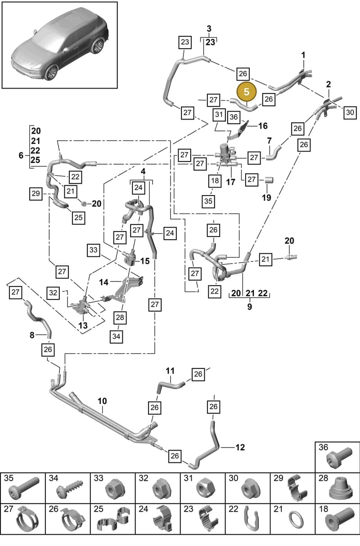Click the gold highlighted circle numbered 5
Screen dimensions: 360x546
click(x=247, y=92)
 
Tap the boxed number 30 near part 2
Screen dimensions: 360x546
click(x=350, y=112)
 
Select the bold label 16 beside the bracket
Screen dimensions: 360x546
click(x=263, y=126)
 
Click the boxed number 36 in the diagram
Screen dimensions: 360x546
click(x=234, y=117)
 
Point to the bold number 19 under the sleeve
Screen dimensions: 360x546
click(x=266, y=197)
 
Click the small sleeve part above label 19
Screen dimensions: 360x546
click(x=269, y=180)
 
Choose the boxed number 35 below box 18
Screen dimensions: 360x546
click(x=208, y=201)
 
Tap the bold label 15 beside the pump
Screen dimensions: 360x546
click(x=145, y=261)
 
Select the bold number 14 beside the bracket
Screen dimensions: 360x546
click(x=103, y=282)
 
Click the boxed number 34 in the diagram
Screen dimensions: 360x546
click(x=117, y=336)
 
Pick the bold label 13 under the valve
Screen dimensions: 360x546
click(x=83, y=325)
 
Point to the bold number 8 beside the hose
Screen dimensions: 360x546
click(x=32, y=335)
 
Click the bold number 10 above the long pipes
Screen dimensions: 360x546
click(x=102, y=401)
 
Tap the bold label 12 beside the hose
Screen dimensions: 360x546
click(x=240, y=448)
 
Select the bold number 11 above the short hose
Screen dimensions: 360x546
click(x=170, y=371)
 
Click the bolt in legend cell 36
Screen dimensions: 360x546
click(x=339, y=457)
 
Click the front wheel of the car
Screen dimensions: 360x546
click(x=50, y=73)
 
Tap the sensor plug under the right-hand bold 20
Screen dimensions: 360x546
click(x=291, y=257)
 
